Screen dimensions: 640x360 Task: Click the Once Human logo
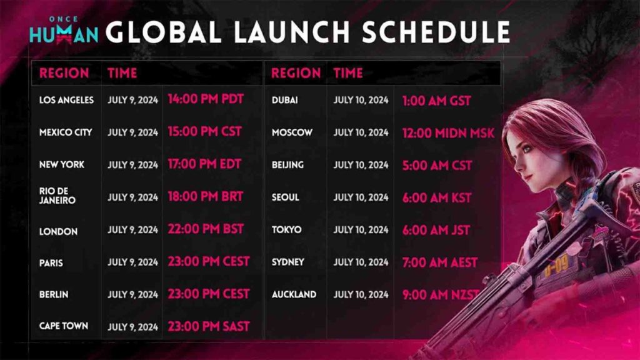coord(64,30)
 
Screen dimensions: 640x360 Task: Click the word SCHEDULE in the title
coord(436,32)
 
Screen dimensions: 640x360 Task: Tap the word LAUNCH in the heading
coord(292,32)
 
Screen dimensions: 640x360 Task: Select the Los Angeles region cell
coord(66,100)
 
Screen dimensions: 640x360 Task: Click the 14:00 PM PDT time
coord(206,99)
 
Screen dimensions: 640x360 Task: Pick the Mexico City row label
coord(66,132)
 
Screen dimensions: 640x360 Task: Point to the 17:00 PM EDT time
coord(204,164)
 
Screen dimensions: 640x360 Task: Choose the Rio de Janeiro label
coord(57,196)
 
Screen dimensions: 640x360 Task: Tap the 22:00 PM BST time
coord(206,229)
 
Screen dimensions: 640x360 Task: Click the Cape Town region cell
coord(64,326)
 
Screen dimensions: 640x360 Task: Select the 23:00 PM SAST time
coord(209,326)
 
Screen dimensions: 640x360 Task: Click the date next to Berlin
coord(132,295)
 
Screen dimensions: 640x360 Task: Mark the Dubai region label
coord(284,100)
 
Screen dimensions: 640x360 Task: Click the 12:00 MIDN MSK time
coord(448,133)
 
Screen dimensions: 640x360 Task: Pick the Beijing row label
coord(287,165)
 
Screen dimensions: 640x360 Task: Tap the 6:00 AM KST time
coord(437,198)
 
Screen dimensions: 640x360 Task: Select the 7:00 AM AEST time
coord(440,262)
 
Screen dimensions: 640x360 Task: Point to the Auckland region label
coord(294,295)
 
